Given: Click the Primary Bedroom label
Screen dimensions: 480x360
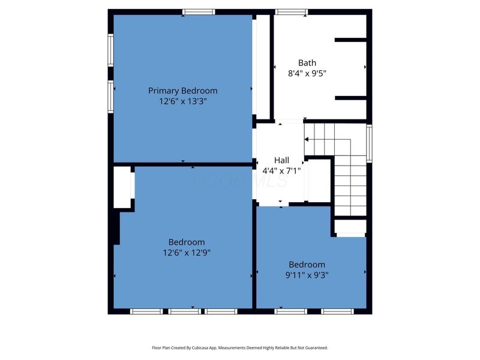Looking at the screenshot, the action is click(x=183, y=91).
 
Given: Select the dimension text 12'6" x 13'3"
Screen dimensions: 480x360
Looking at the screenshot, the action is click(x=183, y=101).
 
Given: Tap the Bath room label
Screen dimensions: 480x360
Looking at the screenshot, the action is click(x=307, y=63).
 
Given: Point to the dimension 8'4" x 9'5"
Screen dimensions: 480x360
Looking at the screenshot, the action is click(x=307, y=73).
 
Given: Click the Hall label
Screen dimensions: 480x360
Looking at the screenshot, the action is click(x=281, y=160).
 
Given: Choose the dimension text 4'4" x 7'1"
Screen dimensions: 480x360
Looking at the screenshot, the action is click(x=281, y=171).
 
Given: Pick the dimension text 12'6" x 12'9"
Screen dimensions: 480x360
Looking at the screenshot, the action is click(x=187, y=253).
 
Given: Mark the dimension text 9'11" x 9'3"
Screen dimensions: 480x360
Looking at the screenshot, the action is click(x=307, y=275).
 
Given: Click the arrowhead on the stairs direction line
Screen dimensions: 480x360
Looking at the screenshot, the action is click(x=307, y=140).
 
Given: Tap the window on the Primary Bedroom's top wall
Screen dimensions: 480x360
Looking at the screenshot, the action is click(x=199, y=12).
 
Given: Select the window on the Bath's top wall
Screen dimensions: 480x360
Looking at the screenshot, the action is click(x=291, y=12).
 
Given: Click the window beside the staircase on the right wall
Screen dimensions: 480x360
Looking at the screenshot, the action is click(x=369, y=143).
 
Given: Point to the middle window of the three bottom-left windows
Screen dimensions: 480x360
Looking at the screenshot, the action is click(x=185, y=311).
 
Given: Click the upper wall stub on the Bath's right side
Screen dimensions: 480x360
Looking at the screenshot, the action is click(x=350, y=40).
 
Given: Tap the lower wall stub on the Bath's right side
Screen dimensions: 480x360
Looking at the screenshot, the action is click(x=351, y=98).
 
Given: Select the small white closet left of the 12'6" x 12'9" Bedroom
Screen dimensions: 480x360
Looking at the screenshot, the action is click(x=122, y=187).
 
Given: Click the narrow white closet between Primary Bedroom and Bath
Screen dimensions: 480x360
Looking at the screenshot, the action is click(x=263, y=67).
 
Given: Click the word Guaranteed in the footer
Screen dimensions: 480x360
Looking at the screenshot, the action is click(x=318, y=348).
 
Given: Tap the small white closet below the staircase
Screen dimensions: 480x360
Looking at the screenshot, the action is click(x=350, y=227).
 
